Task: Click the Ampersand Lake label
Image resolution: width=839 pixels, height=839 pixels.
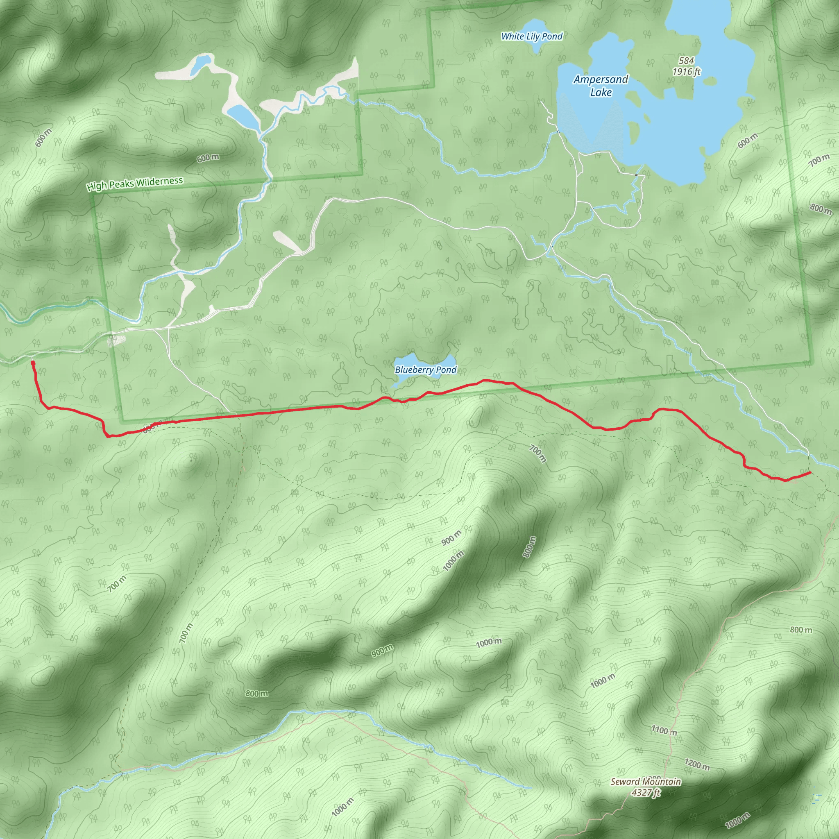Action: (601, 86)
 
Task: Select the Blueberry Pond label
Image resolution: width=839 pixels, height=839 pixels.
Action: (426, 370)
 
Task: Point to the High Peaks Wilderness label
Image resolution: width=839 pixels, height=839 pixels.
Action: (135, 184)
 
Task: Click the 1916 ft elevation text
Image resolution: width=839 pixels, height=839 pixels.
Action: (687, 71)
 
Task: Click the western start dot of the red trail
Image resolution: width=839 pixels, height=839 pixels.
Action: (33, 363)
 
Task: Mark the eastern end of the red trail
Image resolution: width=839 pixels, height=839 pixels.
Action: (810, 472)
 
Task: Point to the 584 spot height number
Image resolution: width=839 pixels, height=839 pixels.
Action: (687, 60)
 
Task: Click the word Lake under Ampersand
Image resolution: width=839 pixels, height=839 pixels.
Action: (601, 93)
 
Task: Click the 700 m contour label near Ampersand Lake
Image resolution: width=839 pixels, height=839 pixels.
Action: (819, 160)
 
